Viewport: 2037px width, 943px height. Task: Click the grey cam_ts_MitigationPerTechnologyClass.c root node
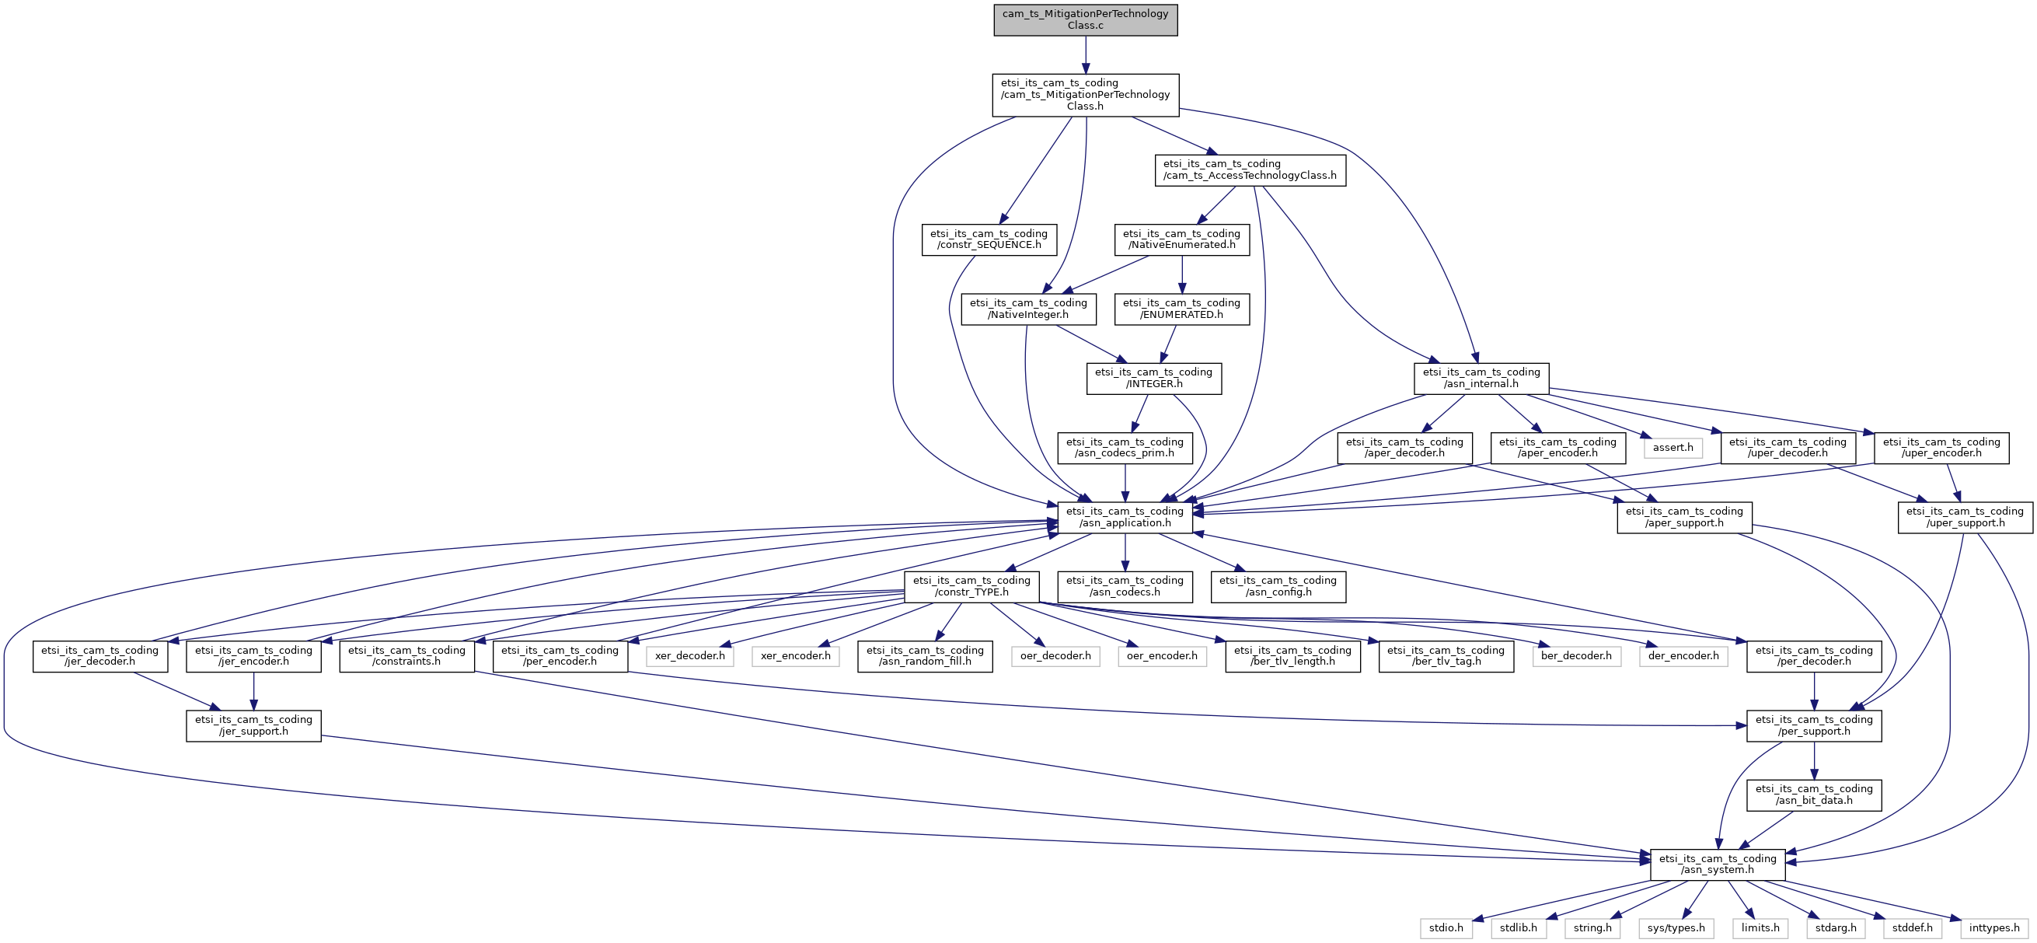pos(1085,19)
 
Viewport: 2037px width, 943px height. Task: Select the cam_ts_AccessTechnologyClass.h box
pos(1250,170)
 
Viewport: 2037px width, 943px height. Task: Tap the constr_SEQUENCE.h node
pos(989,239)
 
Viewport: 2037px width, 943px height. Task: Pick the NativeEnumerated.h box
pos(1181,239)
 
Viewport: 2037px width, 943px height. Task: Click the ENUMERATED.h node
pos(1181,309)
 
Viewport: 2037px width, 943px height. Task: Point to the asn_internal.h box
pos(1481,378)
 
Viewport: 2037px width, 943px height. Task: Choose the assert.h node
pos(1673,448)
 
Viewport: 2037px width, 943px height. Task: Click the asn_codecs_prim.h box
pos(1125,448)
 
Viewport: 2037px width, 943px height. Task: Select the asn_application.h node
pos(1125,518)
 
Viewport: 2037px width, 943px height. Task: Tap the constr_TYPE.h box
pos(971,586)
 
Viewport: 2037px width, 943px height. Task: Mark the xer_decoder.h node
pos(689,656)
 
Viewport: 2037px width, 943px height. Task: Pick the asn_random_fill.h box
pos(924,656)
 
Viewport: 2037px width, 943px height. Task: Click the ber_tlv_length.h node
pos(1292,656)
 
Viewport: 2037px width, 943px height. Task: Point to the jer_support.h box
pos(253,725)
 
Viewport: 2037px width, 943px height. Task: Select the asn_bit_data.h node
pos(1813,795)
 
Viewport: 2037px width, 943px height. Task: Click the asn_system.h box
pos(1717,864)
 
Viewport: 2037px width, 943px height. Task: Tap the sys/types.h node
pos(1676,928)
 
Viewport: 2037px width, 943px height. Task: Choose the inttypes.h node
pos(1993,928)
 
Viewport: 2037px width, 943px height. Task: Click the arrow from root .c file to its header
pos(1085,54)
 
